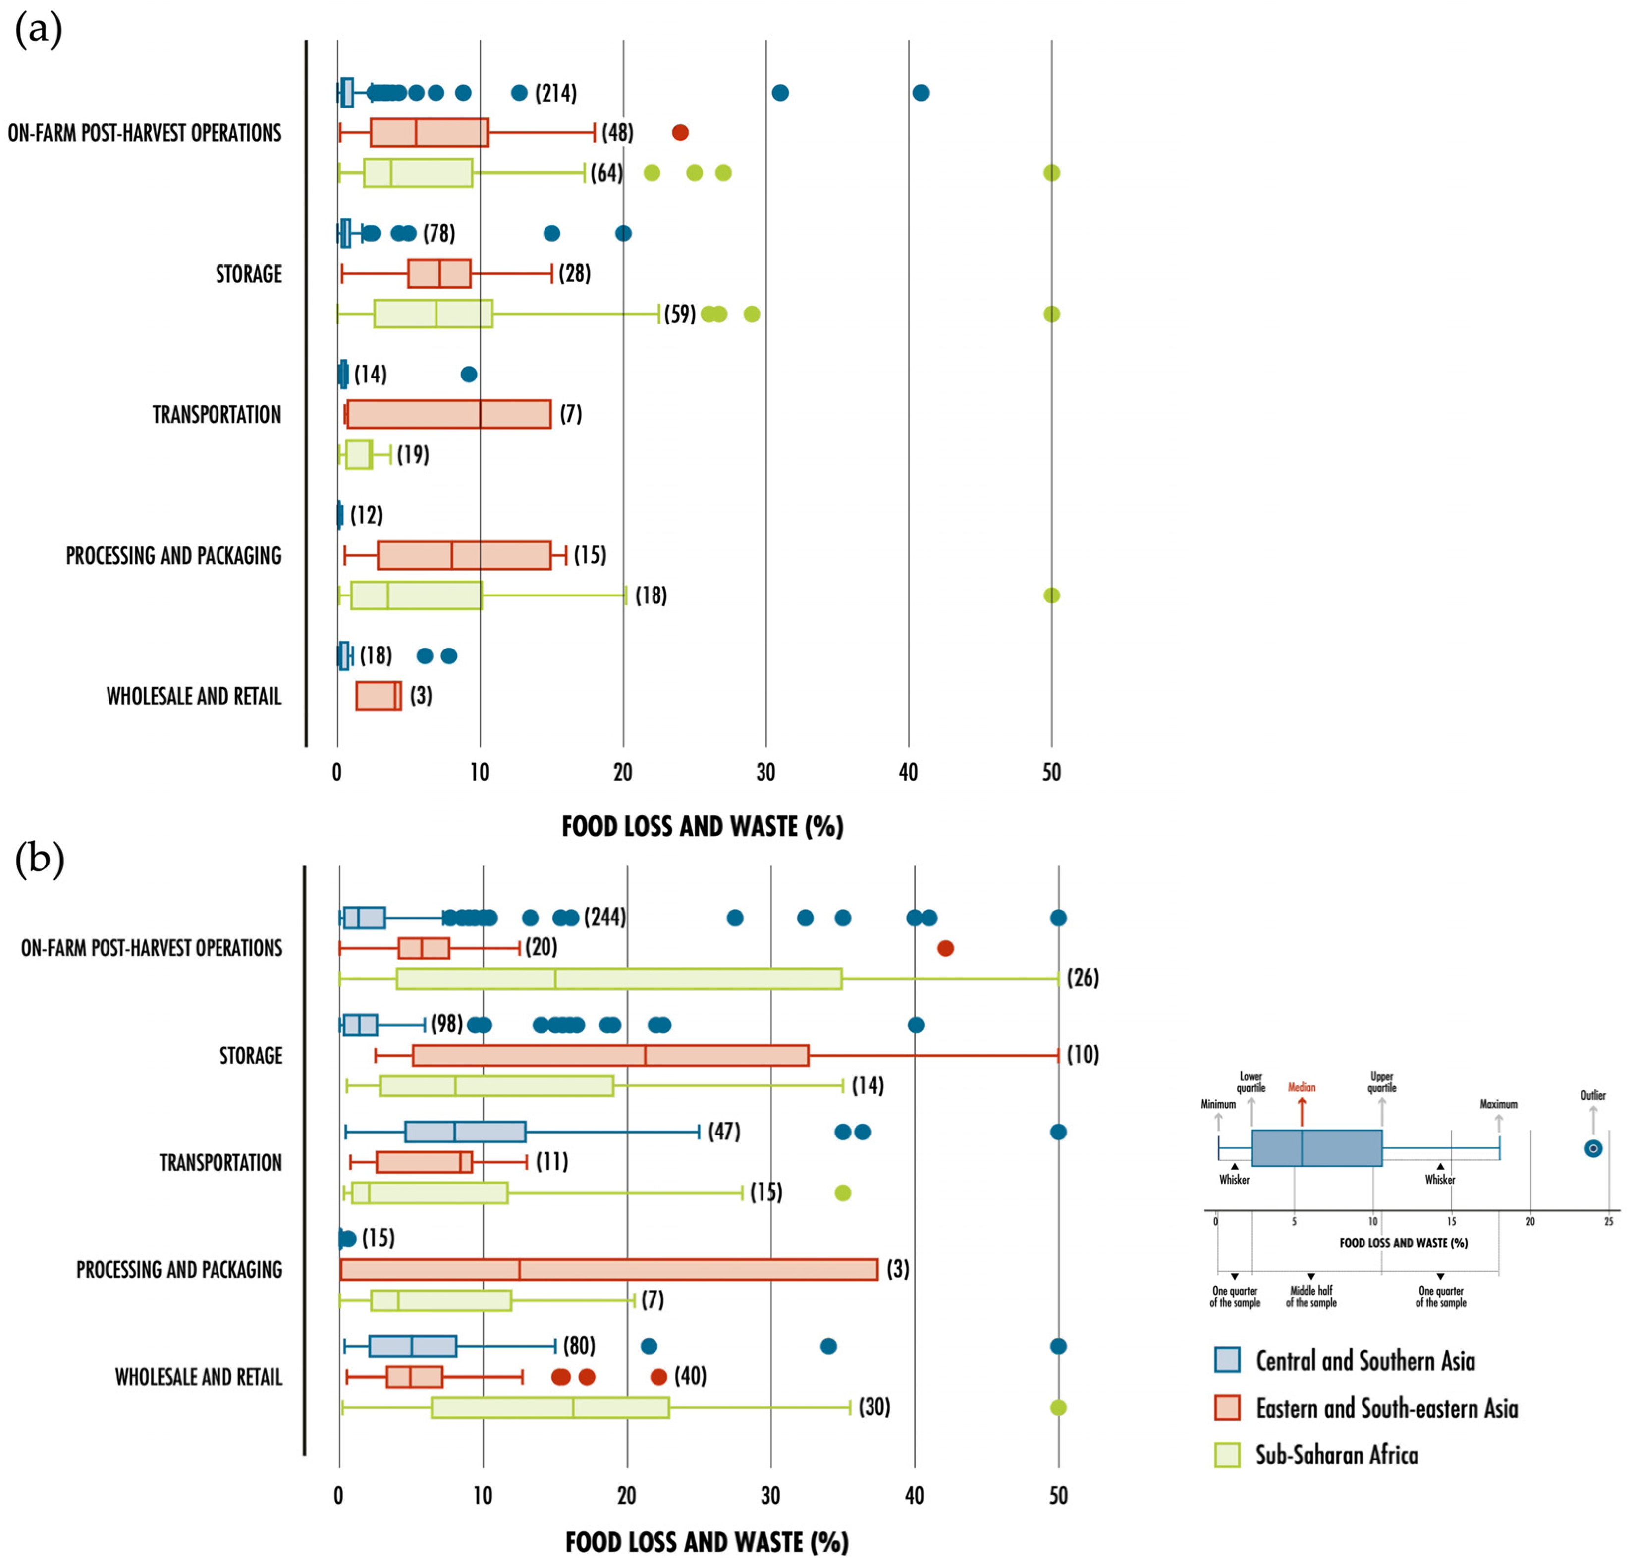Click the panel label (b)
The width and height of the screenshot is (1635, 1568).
[39, 859]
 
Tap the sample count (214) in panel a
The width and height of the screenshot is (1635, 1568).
[555, 93]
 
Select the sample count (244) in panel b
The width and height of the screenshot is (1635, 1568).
[605, 918]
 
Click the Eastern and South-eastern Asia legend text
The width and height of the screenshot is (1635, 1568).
[1386, 1408]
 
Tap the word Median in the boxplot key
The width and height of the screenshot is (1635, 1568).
[1302, 1087]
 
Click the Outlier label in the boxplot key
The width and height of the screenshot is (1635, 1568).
[1592, 1095]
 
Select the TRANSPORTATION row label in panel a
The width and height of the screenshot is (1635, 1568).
[217, 415]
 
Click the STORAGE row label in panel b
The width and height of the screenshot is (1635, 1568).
[250, 1056]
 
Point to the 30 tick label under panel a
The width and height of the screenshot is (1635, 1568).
[766, 772]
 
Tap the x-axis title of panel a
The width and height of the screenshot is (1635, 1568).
[703, 826]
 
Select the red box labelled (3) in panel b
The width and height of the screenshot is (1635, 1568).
[609, 1269]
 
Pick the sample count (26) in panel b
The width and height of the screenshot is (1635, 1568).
[1083, 977]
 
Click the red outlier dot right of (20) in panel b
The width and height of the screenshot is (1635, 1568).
[945, 948]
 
